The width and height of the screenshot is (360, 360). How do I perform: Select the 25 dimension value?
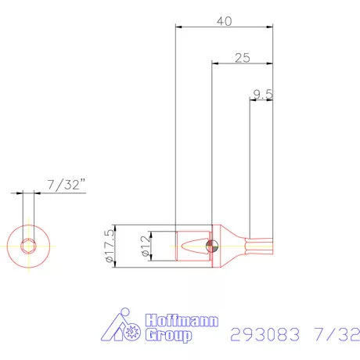coord(242,58)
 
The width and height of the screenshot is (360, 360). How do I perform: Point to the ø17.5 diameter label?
coord(109,246)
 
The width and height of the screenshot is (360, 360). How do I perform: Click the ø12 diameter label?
coord(145,246)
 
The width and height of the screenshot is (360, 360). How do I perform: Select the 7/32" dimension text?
coord(67,185)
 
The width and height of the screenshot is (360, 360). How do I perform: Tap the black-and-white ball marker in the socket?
coord(210,246)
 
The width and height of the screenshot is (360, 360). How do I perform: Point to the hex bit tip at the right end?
coord(262,246)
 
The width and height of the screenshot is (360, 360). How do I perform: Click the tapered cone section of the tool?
coord(232,246)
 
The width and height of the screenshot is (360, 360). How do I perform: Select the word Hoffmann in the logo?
coord(182,322)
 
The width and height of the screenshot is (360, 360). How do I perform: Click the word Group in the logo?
coord(168,337)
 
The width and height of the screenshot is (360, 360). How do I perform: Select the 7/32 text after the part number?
coord(334,334)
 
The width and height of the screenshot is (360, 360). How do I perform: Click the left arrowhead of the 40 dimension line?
coord(178,27)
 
